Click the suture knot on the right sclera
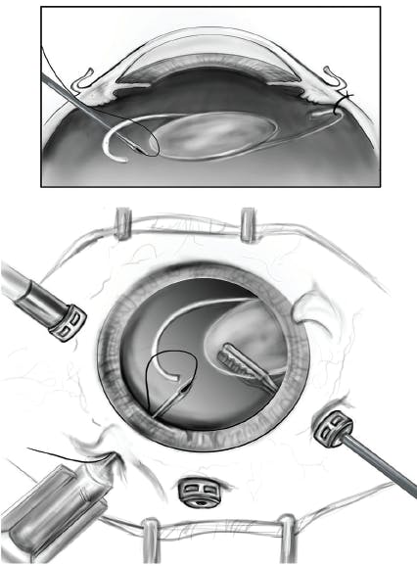[342, 101]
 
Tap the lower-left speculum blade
[151, 536]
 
